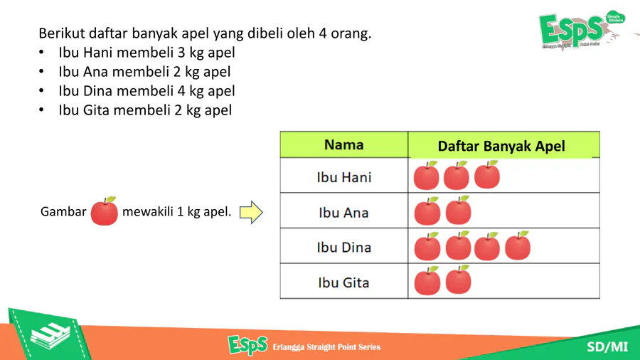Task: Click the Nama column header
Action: click(x=343, y=145)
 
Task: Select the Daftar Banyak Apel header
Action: click(x=501, y=146)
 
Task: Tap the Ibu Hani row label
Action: click(x=344, y=178)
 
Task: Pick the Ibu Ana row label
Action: click(x=343, y=213)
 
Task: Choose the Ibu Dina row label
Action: click(x=344, y=248)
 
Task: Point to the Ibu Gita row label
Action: click(x=343, y=282)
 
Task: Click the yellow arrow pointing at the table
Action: click(x=251, y=212)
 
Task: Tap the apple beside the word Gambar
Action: click(x=104, y=211)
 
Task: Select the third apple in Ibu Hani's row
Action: click(x=487, y=175)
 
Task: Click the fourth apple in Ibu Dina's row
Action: click(x=518, y=245)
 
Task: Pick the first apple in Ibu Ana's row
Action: click(x=427, y=211)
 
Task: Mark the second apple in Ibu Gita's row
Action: click(x=459, y=280)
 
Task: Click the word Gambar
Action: click(x=63, y=211)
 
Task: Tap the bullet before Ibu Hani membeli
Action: click(x=41, y=52)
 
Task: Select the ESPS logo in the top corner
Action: click(x=582, y=29)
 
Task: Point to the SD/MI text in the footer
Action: click(x=607, y=347)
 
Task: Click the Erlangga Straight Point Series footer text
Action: click(x=326, y=347)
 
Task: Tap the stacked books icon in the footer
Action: click(x=50, y=336)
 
